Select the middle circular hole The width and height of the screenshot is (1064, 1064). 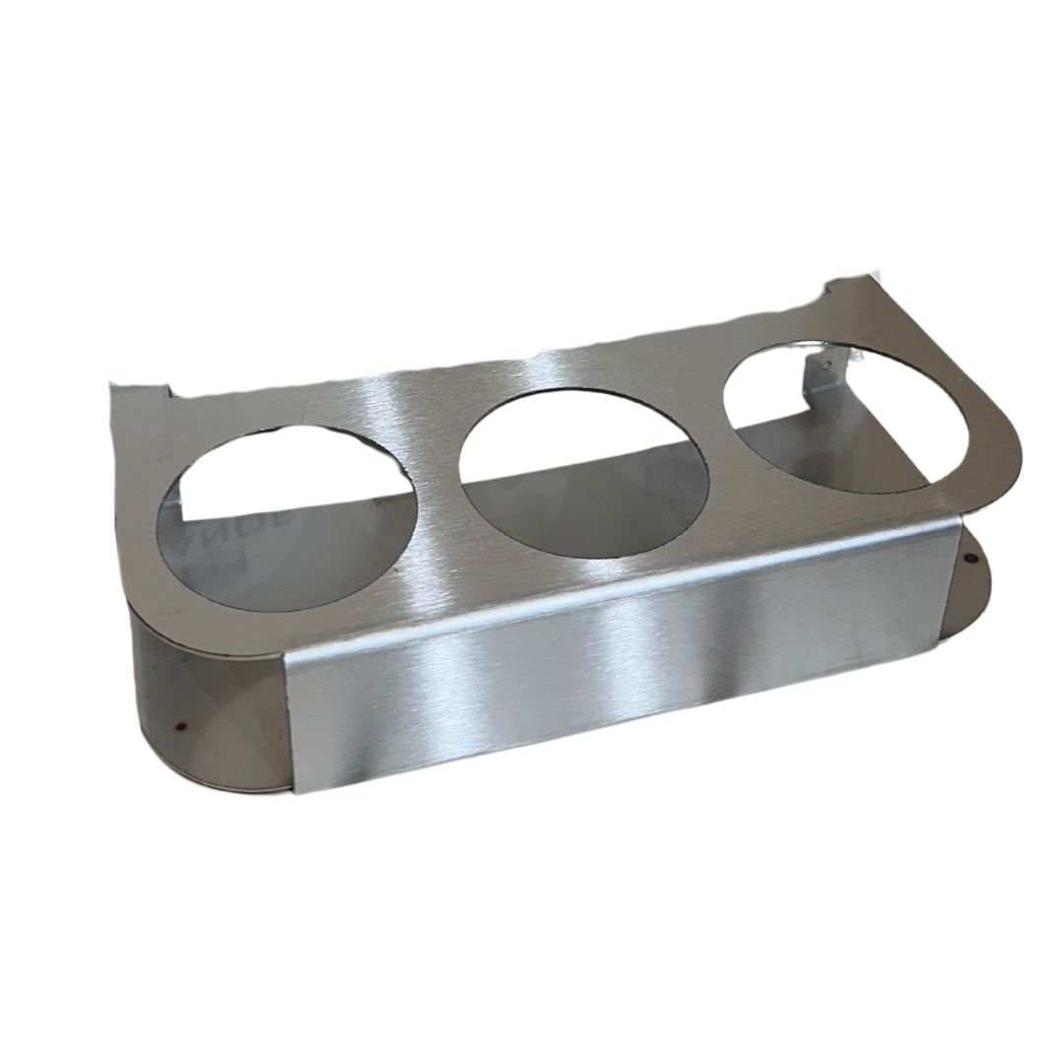(x=583, y=473)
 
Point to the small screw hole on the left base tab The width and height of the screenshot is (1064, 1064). (x=179, y=730)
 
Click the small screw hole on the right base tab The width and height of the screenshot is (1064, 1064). (x=971, y=558)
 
